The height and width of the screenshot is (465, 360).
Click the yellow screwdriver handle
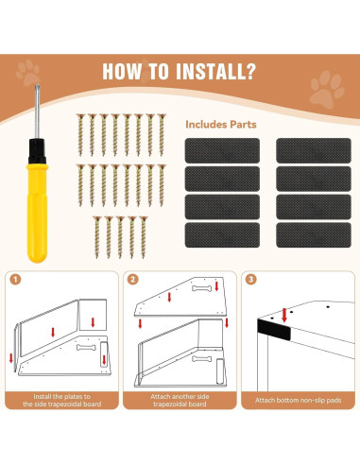pyautogui.click(x=37, y=213)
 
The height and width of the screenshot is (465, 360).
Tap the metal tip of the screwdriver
pyautogui.click(x=37, y=87)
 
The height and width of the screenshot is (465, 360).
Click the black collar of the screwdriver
pyautogui.click(x=37, y=151)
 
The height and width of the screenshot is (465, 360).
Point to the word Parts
pyautogui.click(x=243, y=125)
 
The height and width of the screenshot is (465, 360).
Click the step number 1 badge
pyautogui.click(x=15, y=279)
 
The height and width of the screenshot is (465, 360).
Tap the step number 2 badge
pyautogui.click(x=133, y=279)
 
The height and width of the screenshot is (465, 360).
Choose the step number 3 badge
pyautogui.click(x=251, y=279)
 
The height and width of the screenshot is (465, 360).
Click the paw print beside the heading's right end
pyautogui.click(x=326, y=89)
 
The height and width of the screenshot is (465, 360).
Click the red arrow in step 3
pyautogui.click(x=284, y=315)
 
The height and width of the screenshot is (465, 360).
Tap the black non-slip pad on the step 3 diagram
pyautogui.click(x=274, y=329)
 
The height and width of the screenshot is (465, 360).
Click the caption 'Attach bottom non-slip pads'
pyautogui.click(x=299, y=400)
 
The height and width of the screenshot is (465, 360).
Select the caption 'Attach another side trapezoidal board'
pyautogui.click(x=180, y=400)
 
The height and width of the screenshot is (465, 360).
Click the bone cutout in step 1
pyautogui.click(x=86, y=348)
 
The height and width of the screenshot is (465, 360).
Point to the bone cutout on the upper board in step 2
pyautogui.click(x=201, y=288)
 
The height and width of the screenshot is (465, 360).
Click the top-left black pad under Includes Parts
pyautogui.click(x=222, y=150)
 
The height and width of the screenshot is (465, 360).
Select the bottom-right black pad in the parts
pyautogui.click(x=314, y=235)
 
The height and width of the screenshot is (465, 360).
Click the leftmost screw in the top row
pyautogui.click(x=80, y=135)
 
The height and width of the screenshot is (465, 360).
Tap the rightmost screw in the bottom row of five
pyautogui.click(x=144, y=237)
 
